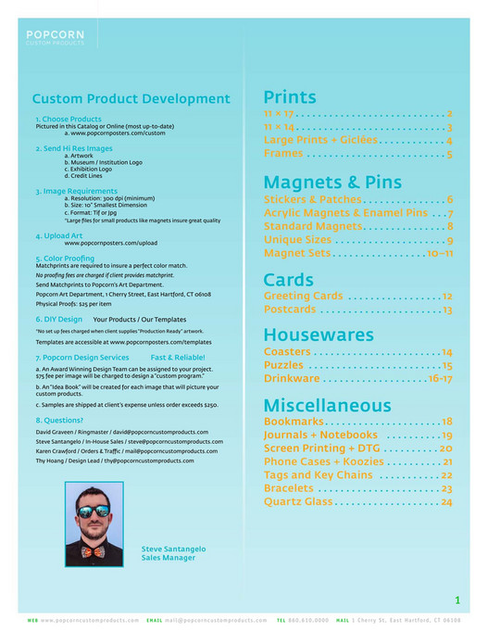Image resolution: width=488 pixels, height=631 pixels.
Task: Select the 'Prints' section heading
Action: (290, 97)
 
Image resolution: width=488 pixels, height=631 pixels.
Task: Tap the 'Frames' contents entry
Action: (283, 154)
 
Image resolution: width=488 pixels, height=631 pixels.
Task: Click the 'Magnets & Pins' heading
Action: (332, 182)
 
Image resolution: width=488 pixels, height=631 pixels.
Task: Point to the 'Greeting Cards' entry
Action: (304, 297)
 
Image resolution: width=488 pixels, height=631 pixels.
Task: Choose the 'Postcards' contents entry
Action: (290, 310)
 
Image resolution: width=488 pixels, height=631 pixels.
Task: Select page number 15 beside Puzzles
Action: (446, 366)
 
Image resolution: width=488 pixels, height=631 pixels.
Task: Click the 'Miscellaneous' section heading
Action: (328, 405)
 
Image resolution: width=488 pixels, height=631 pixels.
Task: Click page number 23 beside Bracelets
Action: (446, 488)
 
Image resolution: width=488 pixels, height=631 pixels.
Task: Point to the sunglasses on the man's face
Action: (94, 511)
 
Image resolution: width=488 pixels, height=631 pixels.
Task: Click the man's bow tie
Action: (93, 552)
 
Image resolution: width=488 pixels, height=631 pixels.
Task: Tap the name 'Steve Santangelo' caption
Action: (173, 549)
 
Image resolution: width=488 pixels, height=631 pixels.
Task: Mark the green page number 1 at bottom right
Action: (457, 600)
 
